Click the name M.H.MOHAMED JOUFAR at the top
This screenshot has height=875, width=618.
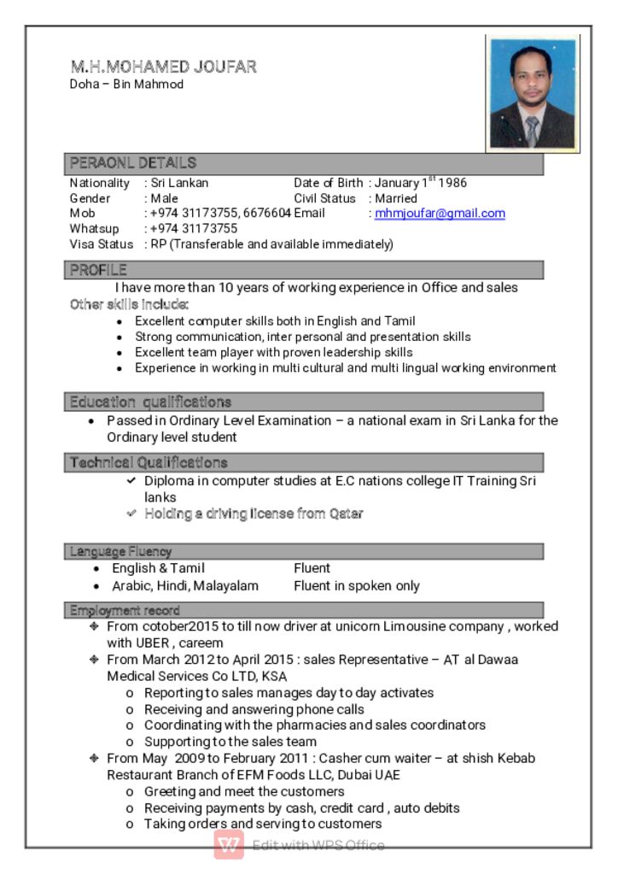point(163,67)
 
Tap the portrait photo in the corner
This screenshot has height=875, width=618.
point(533,93)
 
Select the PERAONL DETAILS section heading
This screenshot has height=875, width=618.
point(133,162)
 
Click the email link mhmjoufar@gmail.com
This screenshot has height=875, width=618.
point(440,214)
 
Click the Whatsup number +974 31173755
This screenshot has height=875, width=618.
point(194,229)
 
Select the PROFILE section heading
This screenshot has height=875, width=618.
point(98,270)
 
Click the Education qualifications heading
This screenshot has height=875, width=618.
point(150,402)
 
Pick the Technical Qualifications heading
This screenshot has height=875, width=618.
point(149,462)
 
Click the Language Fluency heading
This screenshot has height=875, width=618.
point(120,551)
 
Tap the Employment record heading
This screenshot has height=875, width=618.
point(125,610)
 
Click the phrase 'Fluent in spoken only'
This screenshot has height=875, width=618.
point(357,586)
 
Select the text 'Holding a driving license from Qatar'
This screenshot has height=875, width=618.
point(254,514)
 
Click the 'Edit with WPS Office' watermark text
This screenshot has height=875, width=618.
point(318,845)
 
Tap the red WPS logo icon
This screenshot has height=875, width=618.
point(229,844)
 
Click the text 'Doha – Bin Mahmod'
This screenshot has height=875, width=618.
point(126,85)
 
